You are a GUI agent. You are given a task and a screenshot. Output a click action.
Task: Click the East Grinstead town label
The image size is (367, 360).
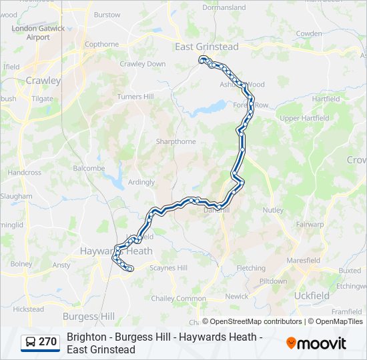206,47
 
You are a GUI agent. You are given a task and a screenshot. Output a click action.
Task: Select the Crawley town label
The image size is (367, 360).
42,81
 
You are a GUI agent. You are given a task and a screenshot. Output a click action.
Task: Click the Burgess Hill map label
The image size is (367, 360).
88,316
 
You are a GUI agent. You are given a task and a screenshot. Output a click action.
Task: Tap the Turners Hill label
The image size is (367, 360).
135,97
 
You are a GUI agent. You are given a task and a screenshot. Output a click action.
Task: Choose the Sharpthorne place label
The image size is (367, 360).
176,141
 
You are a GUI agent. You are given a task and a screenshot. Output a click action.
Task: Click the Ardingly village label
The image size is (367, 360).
141,182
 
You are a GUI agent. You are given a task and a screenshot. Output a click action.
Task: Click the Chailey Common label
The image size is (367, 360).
177,299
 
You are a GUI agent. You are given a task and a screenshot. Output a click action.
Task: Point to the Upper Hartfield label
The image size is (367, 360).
304,119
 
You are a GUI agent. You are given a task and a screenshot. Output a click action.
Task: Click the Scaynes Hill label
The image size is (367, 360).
168,268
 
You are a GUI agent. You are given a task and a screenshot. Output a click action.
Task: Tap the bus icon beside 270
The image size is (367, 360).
31,342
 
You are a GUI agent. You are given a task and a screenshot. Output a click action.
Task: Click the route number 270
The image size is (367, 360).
47,342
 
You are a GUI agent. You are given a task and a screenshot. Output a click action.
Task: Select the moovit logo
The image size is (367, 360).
316,343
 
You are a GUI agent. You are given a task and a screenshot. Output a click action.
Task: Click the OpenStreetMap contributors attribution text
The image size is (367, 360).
252,321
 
